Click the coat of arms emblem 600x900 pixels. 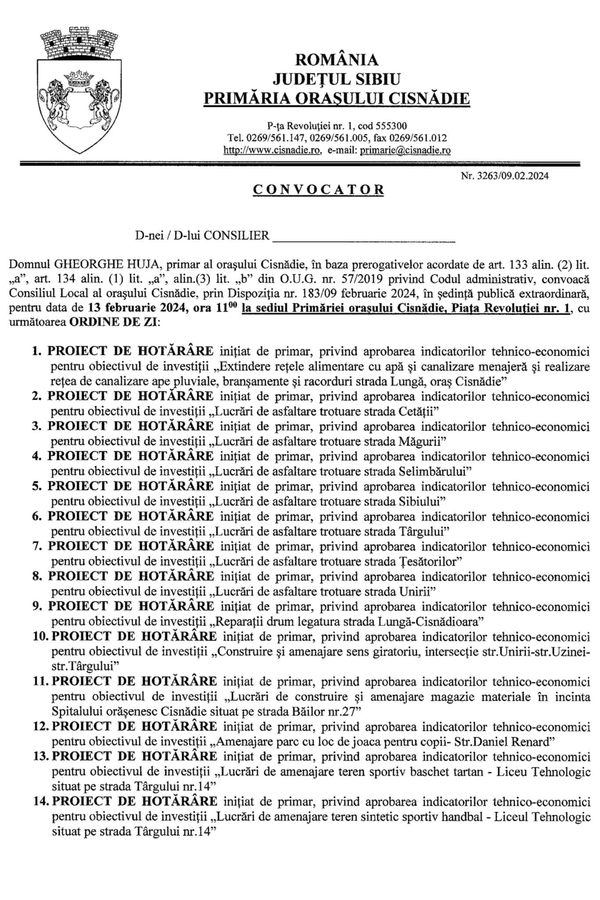pyautogui.click(x=79, y=90)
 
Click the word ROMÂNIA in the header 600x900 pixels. pyautogui.click(x=336, y=59)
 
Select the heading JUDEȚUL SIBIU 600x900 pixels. pyautogui.click(x=336, y=79)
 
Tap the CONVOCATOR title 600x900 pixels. pyautogui.click(x=318, y=189)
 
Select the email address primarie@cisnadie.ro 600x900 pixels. pyautogui.click(x=405, y=150)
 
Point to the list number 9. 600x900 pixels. pyautogui.click(x=37, y=606)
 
